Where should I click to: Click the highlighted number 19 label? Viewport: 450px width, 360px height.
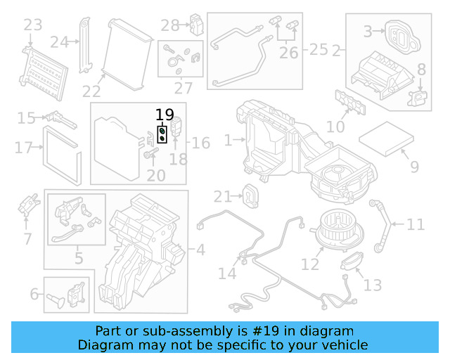(x=164, y=115)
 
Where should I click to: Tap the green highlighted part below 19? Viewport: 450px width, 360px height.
(x=162, y=131)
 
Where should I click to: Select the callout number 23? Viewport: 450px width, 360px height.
(x=32, y=26)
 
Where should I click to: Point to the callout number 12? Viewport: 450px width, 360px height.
(x=310, y=264)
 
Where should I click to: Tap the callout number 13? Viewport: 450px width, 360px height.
(x=373, y=285)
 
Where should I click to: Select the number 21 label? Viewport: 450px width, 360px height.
(x=222, y=196)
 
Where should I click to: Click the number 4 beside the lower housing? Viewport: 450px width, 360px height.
(x=200, y=249)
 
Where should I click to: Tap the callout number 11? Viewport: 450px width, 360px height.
(x=416, y=225)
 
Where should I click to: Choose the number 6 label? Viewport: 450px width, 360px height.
(x=34, y=294)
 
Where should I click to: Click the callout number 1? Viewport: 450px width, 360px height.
(x=228, y=141)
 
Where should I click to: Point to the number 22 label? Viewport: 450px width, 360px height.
(x=91, y=91)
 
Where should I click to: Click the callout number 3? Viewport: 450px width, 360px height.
(x=368, y=32)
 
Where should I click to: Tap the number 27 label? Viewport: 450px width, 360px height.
(x=184, y=89)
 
